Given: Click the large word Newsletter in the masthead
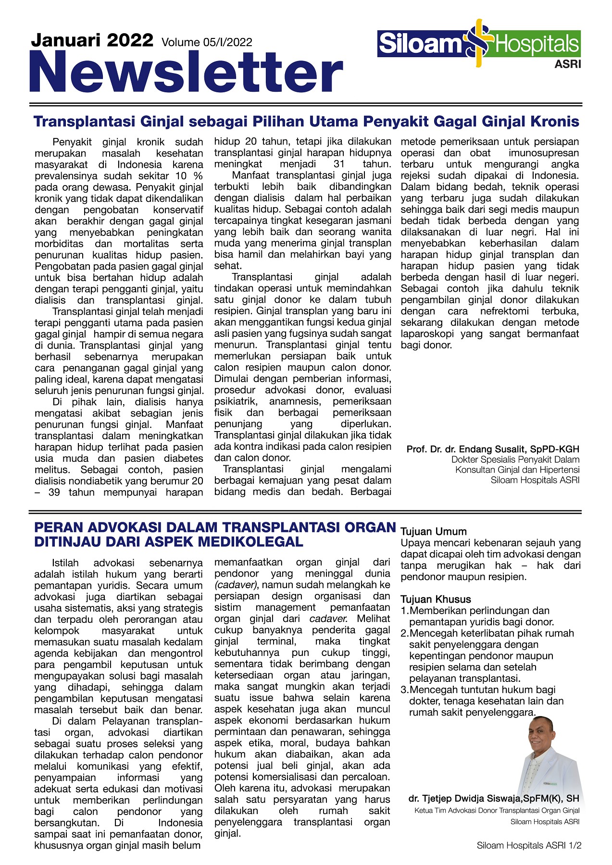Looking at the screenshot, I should pyautogui.click(x=186, y=73).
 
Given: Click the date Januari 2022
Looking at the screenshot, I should pyautogui.click(x=92, y=40).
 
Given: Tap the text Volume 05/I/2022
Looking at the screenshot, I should pyautogui.click(x=207, y=43).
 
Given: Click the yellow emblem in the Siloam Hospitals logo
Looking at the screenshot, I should pyautogui.click(x=479, y=43).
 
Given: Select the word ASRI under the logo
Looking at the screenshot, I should pyautogui.click(x=567, y=64).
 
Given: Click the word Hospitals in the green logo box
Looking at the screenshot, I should pyautogui.click(x=537, y=44).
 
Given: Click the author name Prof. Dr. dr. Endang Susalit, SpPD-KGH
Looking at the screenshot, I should pyautogui.click(x=493, y=449).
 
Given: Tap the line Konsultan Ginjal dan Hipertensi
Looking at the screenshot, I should pyautogui.click(x=517, y=470).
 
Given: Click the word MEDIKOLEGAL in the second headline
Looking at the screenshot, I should pyautogui.click(x=250, y=542).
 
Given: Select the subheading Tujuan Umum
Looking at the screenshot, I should pyautogui.click(x=434, y=531).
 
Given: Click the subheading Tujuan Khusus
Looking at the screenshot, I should pyautogui.click(x=436, y=599).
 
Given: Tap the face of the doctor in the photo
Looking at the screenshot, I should pyautogui.click(x=542, y=735).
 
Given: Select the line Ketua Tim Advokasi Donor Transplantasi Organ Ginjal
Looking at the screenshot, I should pyautogui.click(x=497, y=810).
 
